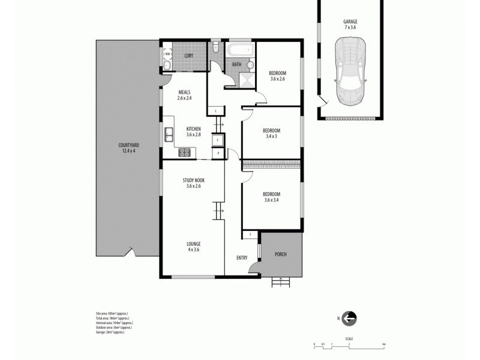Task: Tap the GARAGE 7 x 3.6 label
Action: click(x=350, y=25)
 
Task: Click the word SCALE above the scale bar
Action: click(x=349, y=339)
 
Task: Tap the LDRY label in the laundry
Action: click(x=188, y=55)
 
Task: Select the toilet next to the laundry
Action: click(x=215, y=49)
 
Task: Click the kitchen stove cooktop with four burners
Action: click(x=185, y=152)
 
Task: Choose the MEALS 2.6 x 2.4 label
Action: click(x=184, y=95)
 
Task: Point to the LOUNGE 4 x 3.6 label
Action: click(x=193, y=247)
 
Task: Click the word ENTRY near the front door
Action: click(x=242, y=258)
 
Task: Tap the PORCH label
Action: click(x=280, y=254)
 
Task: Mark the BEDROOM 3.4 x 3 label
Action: click(x=271, y=133)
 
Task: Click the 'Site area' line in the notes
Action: click(x=112, y=313)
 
